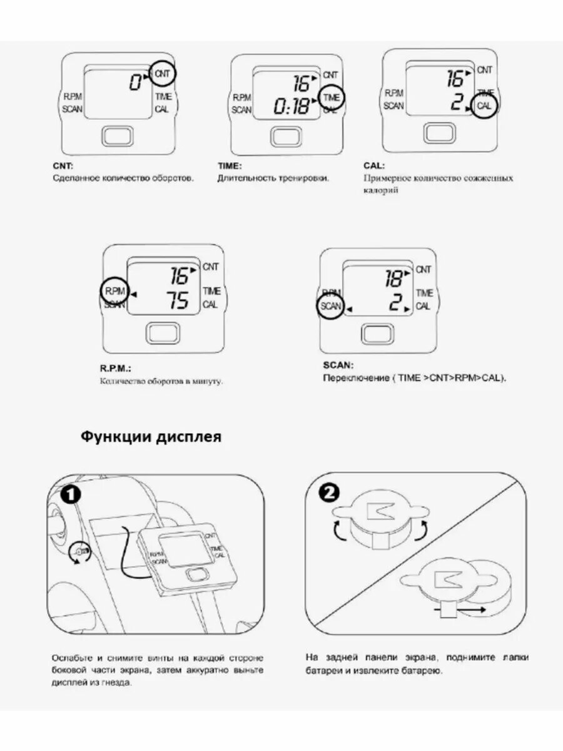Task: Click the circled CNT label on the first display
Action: tap(163, 74)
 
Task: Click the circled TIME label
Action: tap(331, 98)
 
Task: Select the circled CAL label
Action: tap(484, 106)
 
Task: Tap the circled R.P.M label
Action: tap(114, 291)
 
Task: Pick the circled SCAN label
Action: tap(330, 306)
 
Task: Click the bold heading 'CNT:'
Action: tap(63, 166)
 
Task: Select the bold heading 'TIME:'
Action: tap(230, 166)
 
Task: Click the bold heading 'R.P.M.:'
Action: tap(116, 369)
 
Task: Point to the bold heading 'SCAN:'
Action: tap(338, 365)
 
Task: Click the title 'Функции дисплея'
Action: tap(151, 437)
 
